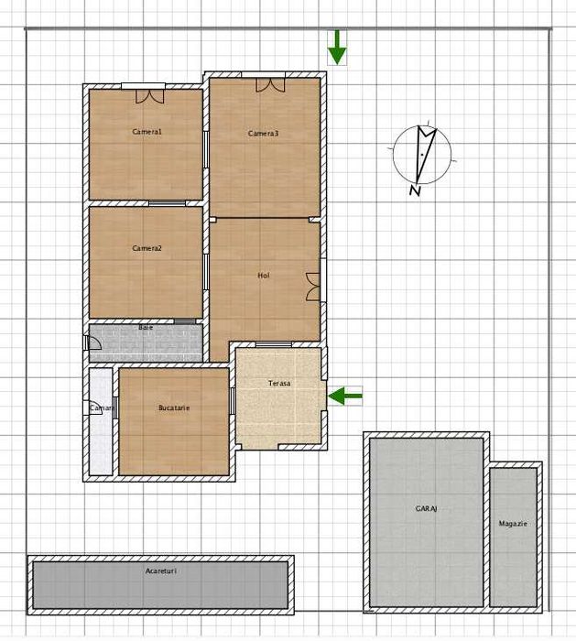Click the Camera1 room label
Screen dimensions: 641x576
click(x=147, y=132)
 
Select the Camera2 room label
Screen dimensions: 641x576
click(x=147, y=248)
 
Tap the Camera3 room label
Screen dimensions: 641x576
click(x=263, y=134)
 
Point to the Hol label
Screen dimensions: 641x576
click(x=263, y=275)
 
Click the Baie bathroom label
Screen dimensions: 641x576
click(x=146, y=327)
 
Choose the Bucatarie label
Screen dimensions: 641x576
click(x=173, y=407)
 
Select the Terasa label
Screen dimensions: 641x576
click(x=279, y=383)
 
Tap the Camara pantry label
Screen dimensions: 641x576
click(x=102, y=407)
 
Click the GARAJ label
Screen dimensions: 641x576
click(x=426, y=508)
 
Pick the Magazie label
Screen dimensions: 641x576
click(x=513, y=524)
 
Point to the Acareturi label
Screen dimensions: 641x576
click(x=161, y=570)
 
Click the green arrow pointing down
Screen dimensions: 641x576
click(x=337, y=48)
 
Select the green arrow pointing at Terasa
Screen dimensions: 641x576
click(x=345, y=396)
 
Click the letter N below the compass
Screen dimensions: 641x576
click(x=415, y=190)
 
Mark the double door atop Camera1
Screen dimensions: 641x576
click(x=143, y=92)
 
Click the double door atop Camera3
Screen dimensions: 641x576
click(x=269, y=83)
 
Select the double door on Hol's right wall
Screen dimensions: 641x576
click(x=314, y=286)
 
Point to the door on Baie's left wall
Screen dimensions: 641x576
click(x=92, y=343)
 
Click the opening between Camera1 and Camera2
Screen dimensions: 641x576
click(x=168, y=202)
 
